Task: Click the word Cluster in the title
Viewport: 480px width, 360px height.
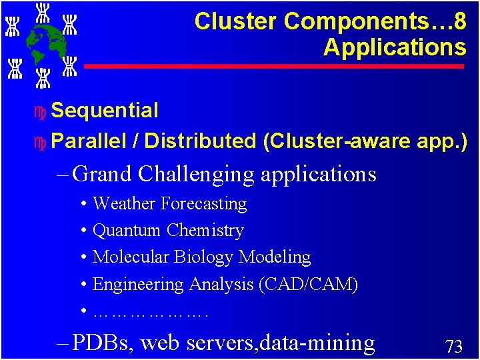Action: pos(236,21)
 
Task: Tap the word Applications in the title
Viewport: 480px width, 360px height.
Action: pos(395,47)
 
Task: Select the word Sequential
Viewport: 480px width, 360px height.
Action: pos(105,111)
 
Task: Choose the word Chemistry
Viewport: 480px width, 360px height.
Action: pos(205,231)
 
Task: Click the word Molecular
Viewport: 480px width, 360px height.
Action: pos(129,257)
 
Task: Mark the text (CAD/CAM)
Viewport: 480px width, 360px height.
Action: pos(307,285)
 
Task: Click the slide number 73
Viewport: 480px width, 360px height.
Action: pos(453,346)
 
